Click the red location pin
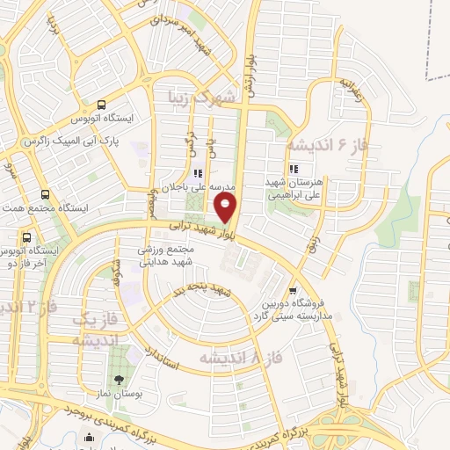(227, 207)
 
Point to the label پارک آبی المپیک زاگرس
(69, 141)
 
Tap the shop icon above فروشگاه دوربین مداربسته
(293, 290)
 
